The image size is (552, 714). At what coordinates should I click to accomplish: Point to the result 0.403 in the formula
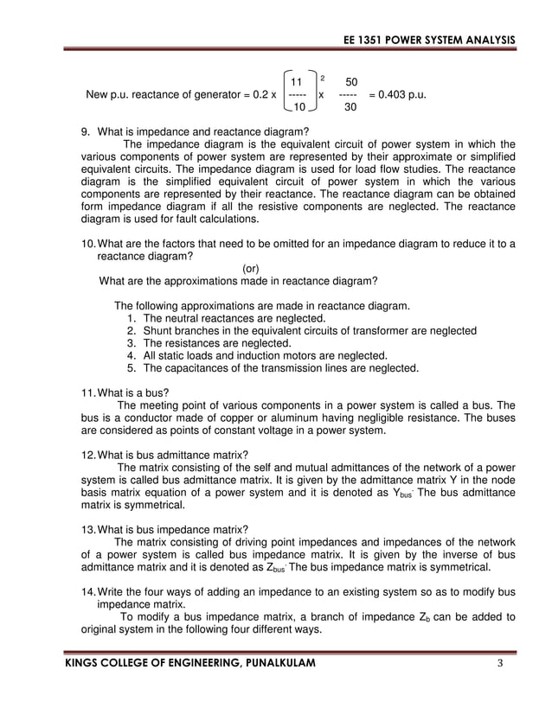398,93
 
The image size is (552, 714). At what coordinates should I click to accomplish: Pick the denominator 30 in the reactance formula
350,108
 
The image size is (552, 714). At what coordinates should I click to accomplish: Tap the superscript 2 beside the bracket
323,77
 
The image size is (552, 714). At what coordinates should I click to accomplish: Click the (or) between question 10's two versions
251,268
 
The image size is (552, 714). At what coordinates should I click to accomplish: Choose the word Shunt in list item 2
159,331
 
